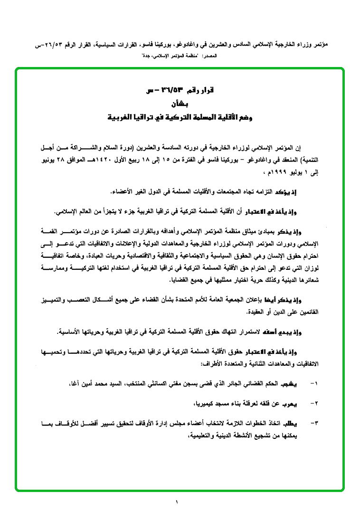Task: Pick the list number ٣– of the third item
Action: [313, 423]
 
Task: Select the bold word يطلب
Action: [294, 423]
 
